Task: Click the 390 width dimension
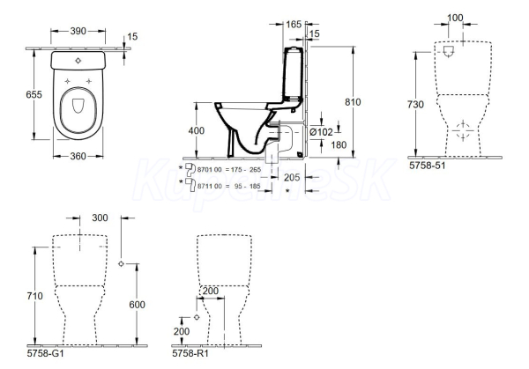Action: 78,31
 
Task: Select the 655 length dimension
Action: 34,94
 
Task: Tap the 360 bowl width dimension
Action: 78,156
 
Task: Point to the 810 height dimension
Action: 353,102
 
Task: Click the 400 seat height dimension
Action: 196,130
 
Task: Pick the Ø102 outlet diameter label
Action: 321,132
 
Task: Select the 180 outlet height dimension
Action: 339,145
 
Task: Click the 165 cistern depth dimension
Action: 294,25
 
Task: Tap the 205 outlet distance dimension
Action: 292,177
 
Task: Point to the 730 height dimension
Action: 415,105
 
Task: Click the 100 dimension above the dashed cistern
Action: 455,18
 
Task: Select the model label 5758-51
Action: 427,166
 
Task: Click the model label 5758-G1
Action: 45,353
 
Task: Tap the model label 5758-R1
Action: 190,353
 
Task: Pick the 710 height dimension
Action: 34,296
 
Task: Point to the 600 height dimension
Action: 137,305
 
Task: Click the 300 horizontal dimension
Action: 100,218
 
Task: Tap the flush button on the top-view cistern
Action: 78,61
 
